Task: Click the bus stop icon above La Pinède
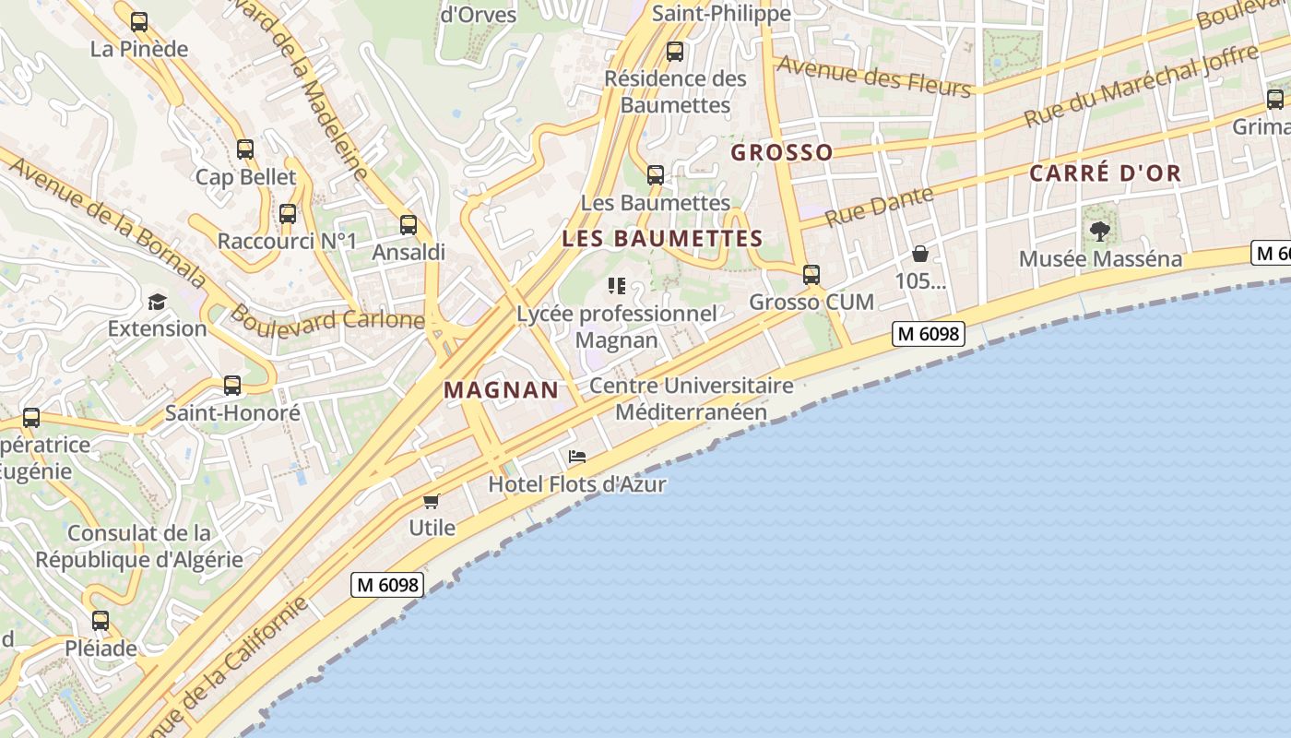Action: [x=139, y=22]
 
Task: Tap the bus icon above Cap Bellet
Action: [x=244, y=149]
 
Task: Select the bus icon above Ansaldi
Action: [x=409, y=224]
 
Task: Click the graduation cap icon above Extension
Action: [x=157, y=302]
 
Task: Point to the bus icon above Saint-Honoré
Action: [x=232, y=386]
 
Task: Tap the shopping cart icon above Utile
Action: [x=431, y=501]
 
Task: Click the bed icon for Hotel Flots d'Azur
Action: [x=577, y=457]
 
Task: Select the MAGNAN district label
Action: [x=502, y=390]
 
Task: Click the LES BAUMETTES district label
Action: [x=662, y=239]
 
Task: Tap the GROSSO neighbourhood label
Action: [x=782, y=153]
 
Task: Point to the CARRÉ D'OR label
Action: [x=1105, y=173]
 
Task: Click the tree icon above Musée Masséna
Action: [x=1099, y=232]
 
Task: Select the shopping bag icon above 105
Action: [x=919, y=254]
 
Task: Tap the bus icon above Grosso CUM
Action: [x=811, y=275]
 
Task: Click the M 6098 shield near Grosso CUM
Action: [x=929, y=334]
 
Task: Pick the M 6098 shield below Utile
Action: [x=387, y=584]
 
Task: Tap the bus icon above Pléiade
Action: [x=101, y=621]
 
